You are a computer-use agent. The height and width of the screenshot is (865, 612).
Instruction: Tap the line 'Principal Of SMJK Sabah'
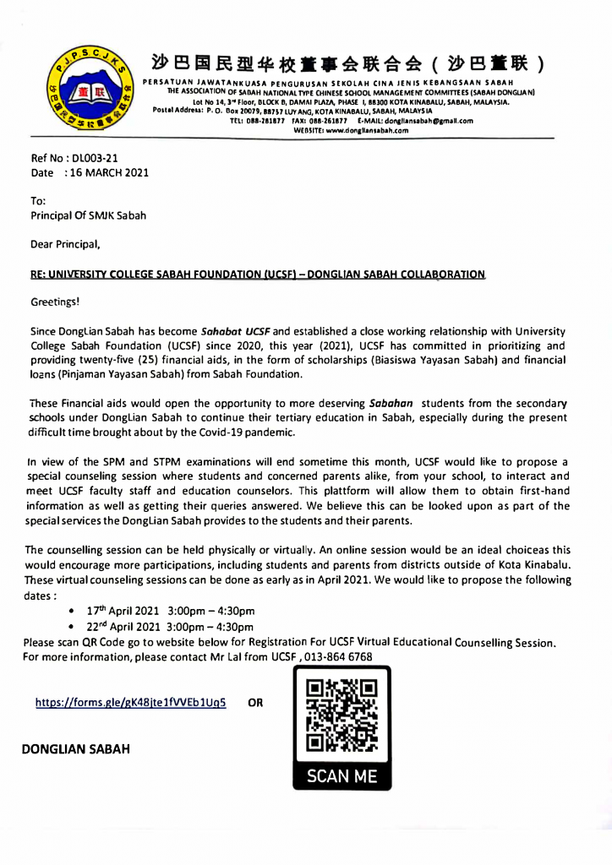coord(88,215)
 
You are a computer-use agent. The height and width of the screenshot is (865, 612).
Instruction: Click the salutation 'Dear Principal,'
coord(66,246)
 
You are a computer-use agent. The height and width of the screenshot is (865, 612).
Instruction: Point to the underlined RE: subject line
coord(258,275)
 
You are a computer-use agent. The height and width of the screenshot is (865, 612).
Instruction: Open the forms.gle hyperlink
coord(130,702)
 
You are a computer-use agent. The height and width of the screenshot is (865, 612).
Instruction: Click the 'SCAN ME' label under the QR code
coord(342,775)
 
